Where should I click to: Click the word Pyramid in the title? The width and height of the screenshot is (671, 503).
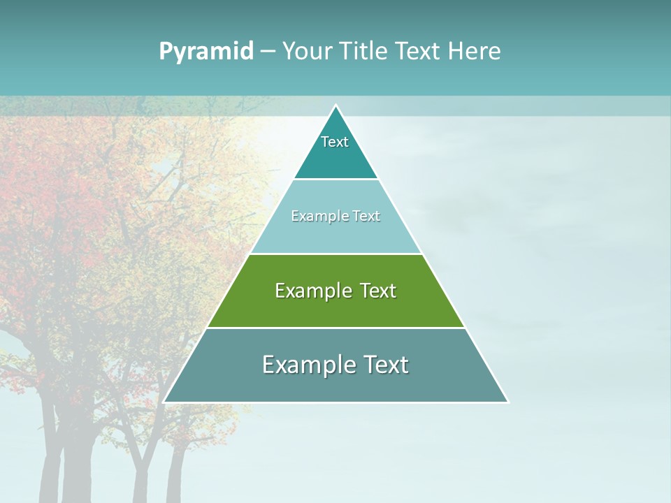[x=206, y=52]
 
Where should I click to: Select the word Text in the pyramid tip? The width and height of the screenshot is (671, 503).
[x=335, y=142]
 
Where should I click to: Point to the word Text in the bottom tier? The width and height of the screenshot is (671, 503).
[x=384, y=365]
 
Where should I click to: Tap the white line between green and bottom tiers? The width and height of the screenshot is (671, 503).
[x=335, y=328]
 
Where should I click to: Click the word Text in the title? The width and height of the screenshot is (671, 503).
[x=418, y=52]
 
